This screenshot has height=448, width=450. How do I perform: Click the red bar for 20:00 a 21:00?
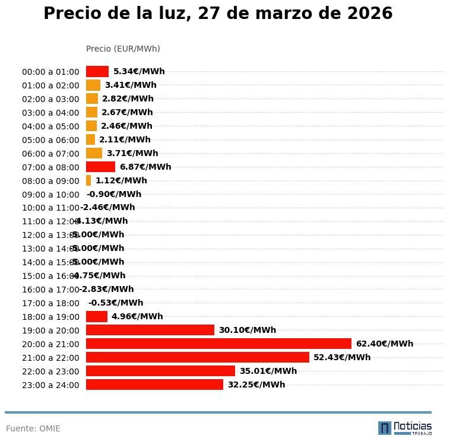(x=218, y=344)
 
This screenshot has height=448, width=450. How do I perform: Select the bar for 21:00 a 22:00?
(x=197, y=357)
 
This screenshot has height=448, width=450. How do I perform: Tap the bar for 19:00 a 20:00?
(x=150, y=330)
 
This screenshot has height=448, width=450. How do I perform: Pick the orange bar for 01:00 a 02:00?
(x=93, y=85)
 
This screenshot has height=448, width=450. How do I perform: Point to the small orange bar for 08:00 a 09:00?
(x=88, y=180)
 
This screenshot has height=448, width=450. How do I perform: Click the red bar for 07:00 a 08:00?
(x=100, y=167)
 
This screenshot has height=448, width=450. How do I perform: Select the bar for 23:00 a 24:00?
(x=154, y=385)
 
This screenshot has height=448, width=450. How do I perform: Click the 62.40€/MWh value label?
(x=384, y=344)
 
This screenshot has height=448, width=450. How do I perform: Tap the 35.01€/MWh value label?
(x=268, y=371)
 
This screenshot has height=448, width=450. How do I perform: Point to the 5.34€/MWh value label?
(x=139, y=71)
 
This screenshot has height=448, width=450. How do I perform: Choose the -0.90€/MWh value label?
(x=114, y=194)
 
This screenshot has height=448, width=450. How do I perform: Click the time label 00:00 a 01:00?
(x=50, y=72)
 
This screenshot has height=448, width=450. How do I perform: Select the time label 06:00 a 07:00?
(x=50, y=154)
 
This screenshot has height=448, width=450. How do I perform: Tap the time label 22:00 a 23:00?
(x=50, y=371)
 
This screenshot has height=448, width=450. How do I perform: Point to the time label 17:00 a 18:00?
(x=50, y=303)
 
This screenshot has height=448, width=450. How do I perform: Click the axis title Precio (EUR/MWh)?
(x=123, y=49)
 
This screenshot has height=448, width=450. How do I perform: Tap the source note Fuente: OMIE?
(x=33, y=428)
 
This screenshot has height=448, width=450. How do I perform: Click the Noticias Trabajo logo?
(x=405, y=427)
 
